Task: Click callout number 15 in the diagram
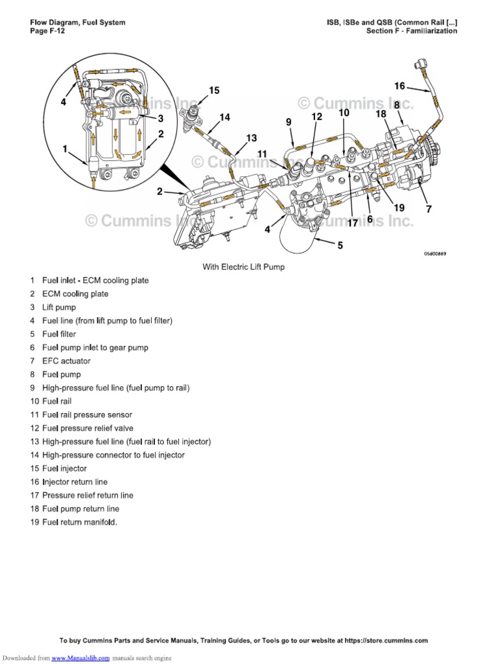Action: (214, 91)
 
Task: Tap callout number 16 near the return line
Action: (399, 86)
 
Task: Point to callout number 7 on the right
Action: (428, 209)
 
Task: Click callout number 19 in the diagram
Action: (399, 207)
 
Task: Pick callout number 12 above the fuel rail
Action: (316, 117)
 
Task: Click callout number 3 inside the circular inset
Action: (160, 119)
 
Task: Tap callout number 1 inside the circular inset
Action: (65, 148)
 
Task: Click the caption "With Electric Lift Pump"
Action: (244, 267)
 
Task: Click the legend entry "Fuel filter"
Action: (59, 334)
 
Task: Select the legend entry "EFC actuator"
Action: (66, 361)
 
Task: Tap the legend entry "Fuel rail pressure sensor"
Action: (87, 415)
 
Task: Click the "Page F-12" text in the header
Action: (49, 31)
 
